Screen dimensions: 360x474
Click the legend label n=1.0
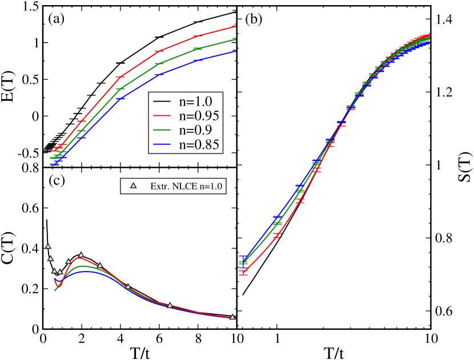(x=195, y=102)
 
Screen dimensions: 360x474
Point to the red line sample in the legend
(x=162, y=116)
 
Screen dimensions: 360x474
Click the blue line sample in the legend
(x=162, y=144)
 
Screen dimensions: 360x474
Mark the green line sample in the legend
(x=162, y=130)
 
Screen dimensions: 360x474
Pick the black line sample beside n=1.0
(x=162, y=102)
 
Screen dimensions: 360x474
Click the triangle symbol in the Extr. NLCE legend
(x=134, y=185)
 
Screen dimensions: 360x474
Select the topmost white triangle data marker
(x=48, y=246)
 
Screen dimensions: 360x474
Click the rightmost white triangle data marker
(x=232, y=317)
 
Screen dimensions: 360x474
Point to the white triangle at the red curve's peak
(x=81, y=255)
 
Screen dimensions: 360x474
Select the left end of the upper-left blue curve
(x=51, y=164)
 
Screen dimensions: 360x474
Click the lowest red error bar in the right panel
(x=243, y=273)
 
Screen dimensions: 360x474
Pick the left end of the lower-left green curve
(x=55, y=291)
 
